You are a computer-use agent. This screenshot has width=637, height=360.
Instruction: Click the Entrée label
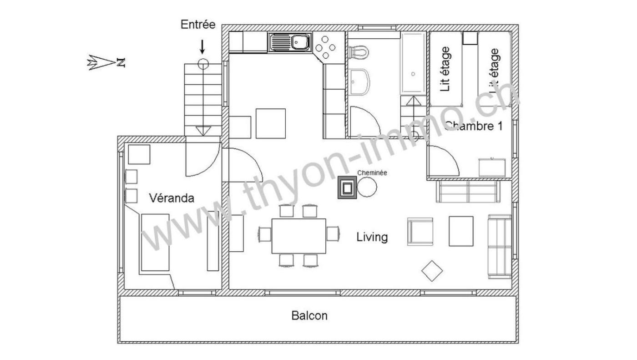click(x=198, y=25)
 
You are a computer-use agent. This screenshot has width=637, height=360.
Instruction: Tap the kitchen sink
click(x=290, y=42)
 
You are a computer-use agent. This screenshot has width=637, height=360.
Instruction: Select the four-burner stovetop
click(x=325, y=47)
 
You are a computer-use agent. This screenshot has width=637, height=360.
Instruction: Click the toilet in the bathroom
click(x=359, y=52)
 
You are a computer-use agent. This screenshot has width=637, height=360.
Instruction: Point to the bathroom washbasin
click(x=359, y=82)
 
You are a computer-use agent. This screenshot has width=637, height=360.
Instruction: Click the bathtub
click(x=413, y=63)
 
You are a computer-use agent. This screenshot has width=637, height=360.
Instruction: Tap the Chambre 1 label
click(x=474, y=126)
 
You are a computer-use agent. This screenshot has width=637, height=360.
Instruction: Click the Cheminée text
click(x=372, y=173)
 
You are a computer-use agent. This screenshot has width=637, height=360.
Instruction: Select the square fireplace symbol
click(x=347, y=188)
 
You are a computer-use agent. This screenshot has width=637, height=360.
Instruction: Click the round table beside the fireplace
click(x=367, y=187)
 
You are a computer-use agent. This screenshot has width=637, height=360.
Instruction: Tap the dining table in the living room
click(x=298, y=236)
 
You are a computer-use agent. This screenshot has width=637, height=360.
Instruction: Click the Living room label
click(x=372, y=237)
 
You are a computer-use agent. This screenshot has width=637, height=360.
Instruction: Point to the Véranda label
click(x=172, y=198)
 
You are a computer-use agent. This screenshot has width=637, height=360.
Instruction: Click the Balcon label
click(x=309, y=316)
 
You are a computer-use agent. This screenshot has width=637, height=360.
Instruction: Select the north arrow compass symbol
click(x=106, y=62)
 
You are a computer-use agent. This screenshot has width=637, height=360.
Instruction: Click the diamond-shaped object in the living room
click(x=432, y=271)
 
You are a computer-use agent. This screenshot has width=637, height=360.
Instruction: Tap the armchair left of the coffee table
click(x=420, y=232)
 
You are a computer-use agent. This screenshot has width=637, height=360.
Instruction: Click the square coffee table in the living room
click(x=461, y=231)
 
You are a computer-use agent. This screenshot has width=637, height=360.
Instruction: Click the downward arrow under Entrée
click(x=202, y=46)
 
